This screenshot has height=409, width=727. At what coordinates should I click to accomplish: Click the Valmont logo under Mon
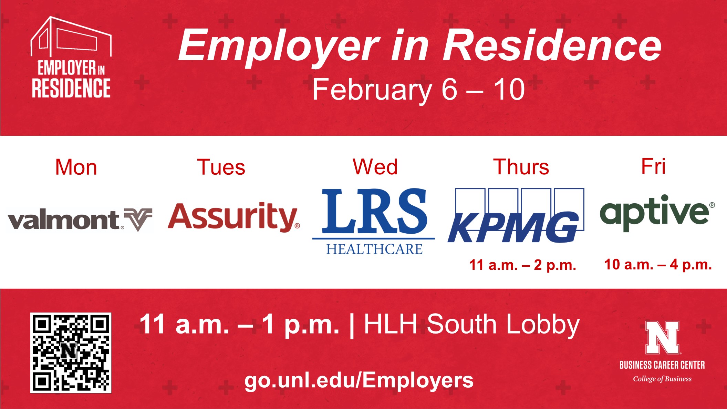point(80,220)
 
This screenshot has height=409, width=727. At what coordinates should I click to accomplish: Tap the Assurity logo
point(234,217)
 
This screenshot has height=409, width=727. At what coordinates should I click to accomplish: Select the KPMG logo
point(516,215)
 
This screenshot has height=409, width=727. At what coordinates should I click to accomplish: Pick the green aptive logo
point(657,213)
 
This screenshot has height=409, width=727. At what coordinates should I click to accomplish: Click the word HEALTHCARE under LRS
point(374,249)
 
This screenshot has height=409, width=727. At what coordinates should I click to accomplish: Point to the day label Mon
point(76,167)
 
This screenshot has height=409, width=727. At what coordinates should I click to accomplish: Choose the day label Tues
point(221,167)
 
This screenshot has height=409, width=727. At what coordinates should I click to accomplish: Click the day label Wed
point(375,167)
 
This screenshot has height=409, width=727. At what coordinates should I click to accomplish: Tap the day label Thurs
point(521,167)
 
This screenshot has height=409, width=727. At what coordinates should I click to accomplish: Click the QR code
point(71,353)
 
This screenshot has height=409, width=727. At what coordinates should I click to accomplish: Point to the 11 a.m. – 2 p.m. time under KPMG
point(522,265)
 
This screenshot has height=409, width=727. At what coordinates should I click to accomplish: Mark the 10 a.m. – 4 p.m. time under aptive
point(658,265)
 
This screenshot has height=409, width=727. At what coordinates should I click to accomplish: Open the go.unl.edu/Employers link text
point(359,381)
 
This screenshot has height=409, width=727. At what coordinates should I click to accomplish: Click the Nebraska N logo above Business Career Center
point(662,337)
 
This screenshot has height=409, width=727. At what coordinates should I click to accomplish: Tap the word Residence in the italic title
point(552,46)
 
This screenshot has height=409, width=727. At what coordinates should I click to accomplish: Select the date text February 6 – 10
point(418,90)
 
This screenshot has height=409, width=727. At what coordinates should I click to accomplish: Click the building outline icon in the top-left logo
point(71,37)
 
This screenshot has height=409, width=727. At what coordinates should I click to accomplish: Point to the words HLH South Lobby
point(472,325)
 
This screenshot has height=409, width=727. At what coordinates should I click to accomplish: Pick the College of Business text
point(662,379)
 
